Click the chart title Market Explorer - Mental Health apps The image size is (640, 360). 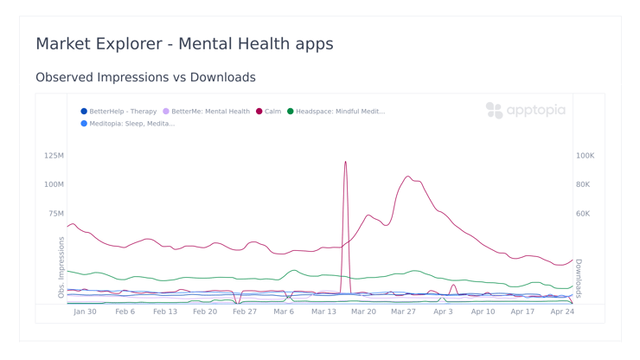[184, 43]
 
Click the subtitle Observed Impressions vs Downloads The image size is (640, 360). [145, 77]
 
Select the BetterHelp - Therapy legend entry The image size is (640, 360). [118, 112]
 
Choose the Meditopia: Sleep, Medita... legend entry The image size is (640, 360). [127, 124]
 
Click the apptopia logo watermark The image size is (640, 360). [526, 110]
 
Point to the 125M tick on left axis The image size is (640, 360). [54, 156]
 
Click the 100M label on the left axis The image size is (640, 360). [54, 184]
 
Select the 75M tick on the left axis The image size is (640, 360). [55, 214]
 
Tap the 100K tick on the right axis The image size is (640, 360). [585, 156]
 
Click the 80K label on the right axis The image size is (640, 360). [583, 184]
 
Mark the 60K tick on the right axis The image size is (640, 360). [583, 214]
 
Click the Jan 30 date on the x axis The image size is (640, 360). [85, 312]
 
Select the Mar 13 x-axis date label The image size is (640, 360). [323, 312]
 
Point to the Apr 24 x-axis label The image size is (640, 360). [562, 312]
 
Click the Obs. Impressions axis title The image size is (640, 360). [61, 267]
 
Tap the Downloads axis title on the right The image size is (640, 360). [579, 278]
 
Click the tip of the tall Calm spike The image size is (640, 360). [345, 162]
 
